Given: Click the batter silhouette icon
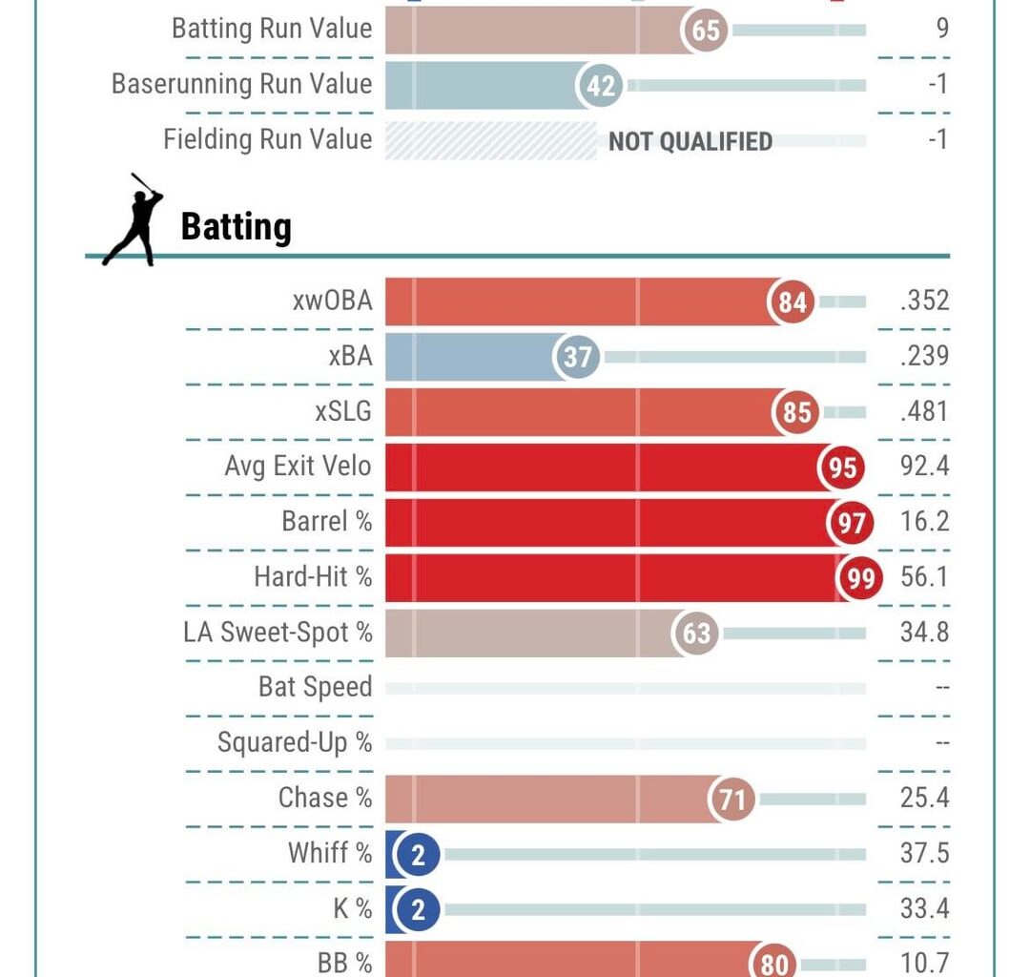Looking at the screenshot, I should coord(134,219).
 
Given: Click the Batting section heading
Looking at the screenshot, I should coord(236,228).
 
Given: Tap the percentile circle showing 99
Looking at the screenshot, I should coord(860,578).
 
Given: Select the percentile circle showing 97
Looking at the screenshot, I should coord(851,523).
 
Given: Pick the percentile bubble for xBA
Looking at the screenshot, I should coord(578,357).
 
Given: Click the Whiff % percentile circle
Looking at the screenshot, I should coord(417,854).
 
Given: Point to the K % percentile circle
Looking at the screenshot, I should coord(417,909).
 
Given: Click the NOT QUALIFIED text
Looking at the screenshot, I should coord(690,141).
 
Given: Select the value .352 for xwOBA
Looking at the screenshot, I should coord(923,301).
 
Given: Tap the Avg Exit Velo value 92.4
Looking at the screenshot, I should coord(924,468).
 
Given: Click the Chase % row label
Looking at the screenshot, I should coord(324,798).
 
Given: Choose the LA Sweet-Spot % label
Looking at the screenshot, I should coord(278,632).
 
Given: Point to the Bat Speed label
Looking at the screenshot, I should coord(315,687).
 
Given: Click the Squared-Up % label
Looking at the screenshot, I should coord(295,742).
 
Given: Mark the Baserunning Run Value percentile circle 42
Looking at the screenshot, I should coord(601,86).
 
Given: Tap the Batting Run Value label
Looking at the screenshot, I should coord(272,29).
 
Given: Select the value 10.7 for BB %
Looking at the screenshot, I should coord(924,962).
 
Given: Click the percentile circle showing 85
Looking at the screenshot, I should coord(796,412).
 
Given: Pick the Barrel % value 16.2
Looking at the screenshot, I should coord(924,523).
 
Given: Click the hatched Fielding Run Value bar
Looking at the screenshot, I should coord(490,141).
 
